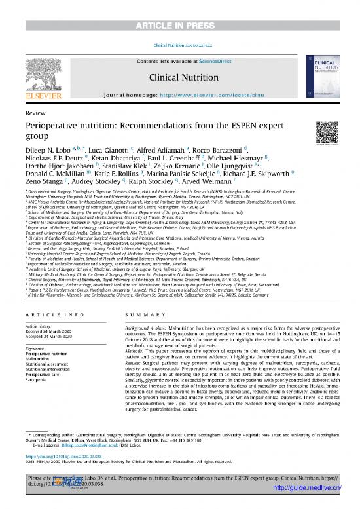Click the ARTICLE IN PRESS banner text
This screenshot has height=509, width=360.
[179, 8]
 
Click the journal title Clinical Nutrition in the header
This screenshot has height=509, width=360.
[179, 76]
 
